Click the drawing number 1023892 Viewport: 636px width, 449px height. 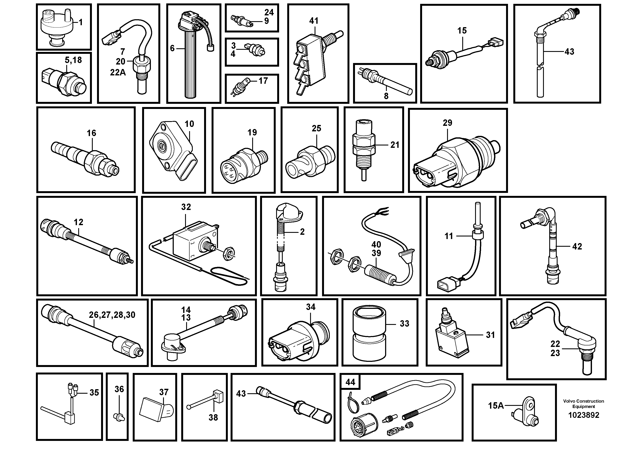point(583,415)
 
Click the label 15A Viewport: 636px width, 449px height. point(496,406)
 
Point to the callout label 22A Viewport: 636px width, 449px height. point(118,73)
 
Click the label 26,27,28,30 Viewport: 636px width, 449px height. point(112,315)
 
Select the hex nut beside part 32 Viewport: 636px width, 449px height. point(229,253)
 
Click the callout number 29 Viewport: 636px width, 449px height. point(447,123)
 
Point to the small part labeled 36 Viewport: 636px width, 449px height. point(119,416)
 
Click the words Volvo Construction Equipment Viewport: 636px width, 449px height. point(583,404)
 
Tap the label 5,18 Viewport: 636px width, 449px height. point(73,60)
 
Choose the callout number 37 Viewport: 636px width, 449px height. point(164,392)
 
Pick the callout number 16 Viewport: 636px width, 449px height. point(91,133)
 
